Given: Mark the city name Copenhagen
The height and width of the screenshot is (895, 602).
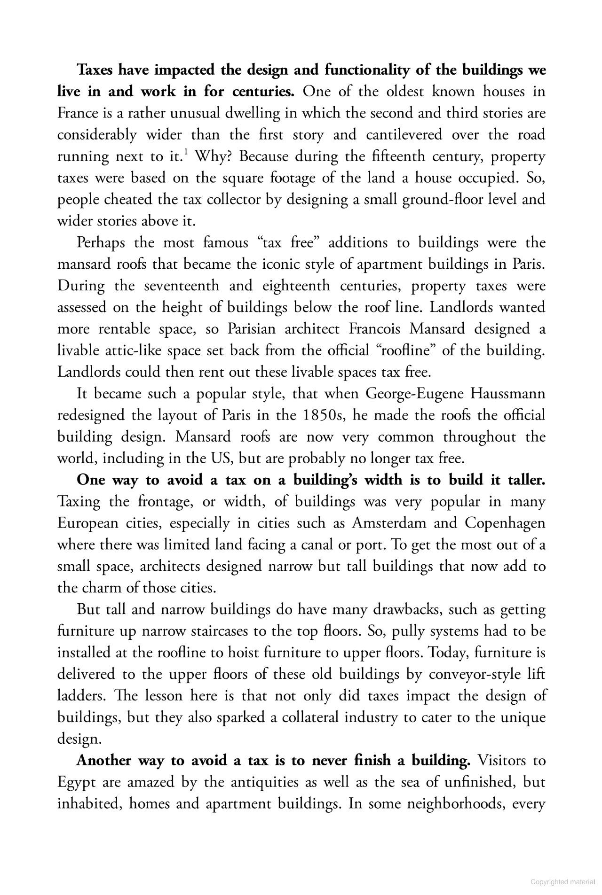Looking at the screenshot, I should (x=505, y=523).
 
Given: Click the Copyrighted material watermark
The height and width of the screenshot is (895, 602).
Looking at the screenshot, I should (x=562, y=882).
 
